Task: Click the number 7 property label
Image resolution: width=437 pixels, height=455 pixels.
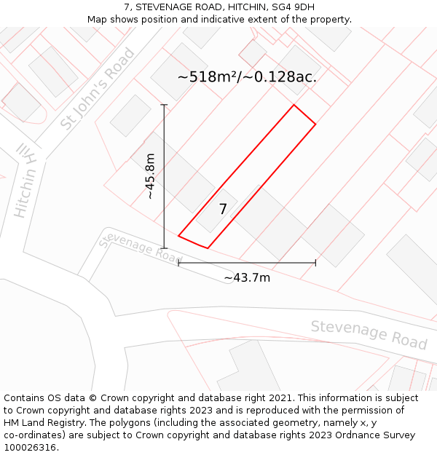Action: tap(223, 209)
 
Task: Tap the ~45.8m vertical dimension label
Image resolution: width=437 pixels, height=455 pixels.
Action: tap(150, 176)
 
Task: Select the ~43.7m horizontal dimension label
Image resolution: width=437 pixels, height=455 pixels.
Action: tap(247, 277)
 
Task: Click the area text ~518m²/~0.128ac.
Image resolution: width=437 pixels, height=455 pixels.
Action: tap(247, 76)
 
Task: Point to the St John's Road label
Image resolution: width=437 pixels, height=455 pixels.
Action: tap(98, 89)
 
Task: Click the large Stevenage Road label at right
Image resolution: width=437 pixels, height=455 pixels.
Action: tap(369, 334)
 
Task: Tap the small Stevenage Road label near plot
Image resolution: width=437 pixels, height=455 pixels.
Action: tap(139, 248)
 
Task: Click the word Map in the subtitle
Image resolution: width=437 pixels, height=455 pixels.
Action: tap(98, 20)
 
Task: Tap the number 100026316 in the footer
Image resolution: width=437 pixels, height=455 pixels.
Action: tap(30, 448)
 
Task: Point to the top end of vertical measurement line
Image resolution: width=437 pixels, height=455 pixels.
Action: tap(164, 105)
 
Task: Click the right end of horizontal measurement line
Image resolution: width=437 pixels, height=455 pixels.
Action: tap(315, 263)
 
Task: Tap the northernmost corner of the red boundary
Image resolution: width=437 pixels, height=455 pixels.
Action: tap(294, 105)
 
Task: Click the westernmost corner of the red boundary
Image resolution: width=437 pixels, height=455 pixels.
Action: tap(178, 236)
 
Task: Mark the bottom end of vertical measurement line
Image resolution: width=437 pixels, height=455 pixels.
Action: tap(164, 248)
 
